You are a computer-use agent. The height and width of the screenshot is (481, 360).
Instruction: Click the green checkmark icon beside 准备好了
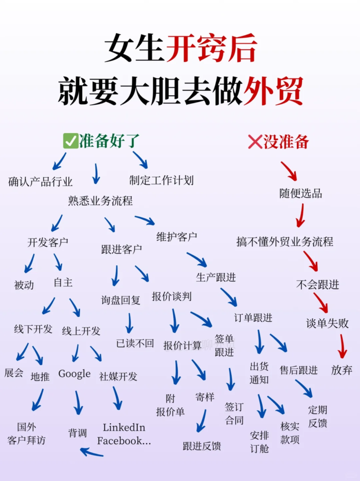(70, 141)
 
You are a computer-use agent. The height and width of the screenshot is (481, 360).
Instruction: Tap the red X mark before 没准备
(255, 141)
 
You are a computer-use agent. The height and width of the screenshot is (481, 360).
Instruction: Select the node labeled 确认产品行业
(40, 181)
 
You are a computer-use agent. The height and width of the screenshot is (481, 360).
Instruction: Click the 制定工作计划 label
(161, 180)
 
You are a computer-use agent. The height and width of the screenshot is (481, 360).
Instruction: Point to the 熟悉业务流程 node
(101, 201)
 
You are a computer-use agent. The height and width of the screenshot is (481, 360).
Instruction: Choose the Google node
(74, 374)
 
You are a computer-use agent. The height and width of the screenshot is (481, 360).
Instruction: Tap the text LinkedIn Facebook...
(124, 434)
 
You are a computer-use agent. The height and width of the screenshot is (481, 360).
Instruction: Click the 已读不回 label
(135, 343)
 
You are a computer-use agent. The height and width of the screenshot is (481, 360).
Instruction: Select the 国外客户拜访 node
(27, 434)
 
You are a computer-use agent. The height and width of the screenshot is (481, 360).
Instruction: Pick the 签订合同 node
(234, 413)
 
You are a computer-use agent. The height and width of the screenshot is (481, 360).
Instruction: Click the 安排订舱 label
(259, 442)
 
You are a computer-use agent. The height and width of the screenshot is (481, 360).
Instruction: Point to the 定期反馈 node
(318, 416)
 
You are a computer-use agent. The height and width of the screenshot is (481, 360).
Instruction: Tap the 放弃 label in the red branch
(342, 370)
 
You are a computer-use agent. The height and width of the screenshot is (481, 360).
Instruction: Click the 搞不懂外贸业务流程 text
(285, 242)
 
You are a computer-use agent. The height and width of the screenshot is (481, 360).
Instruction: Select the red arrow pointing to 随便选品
(289, 171)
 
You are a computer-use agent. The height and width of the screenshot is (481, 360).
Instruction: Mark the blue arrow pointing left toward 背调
(92, 452)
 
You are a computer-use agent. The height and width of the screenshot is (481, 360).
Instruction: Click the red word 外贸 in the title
(273, 89)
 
